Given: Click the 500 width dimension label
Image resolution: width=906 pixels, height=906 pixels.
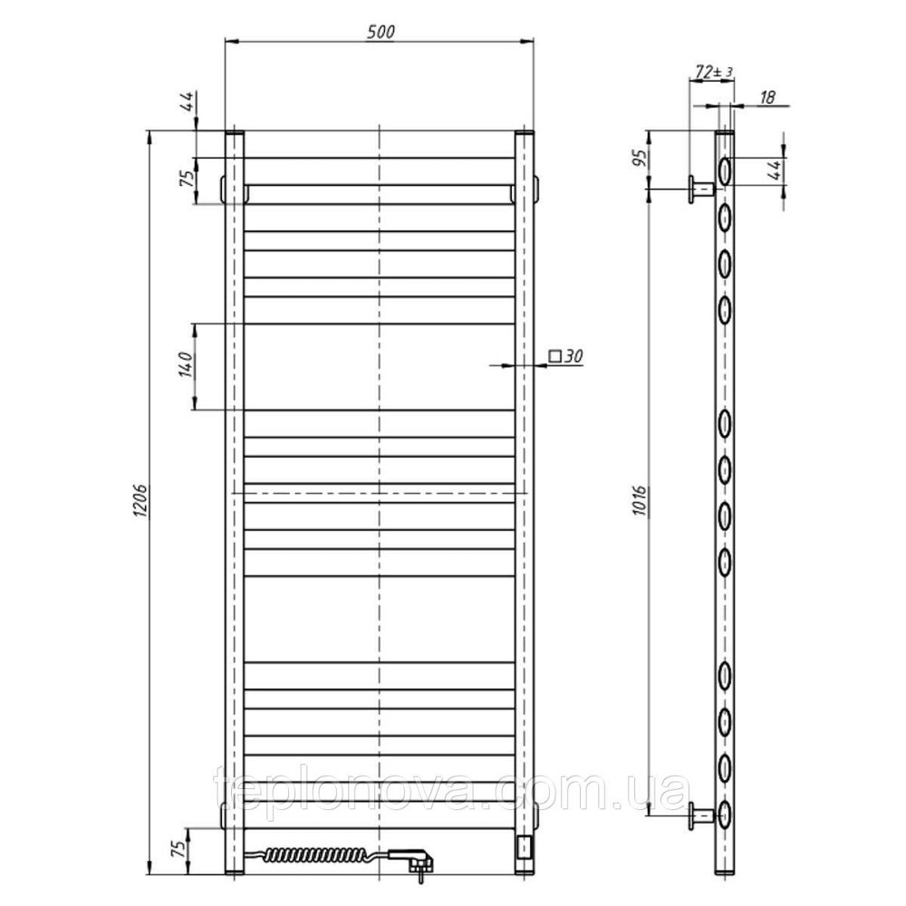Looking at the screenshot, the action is tap(381, 33).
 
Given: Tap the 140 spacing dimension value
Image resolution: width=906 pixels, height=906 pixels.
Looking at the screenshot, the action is tap(186, 364).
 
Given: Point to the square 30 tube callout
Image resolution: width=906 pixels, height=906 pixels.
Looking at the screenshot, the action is tap(565, 356).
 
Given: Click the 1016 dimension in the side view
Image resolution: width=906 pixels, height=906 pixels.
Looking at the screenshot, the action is tap(641, 501).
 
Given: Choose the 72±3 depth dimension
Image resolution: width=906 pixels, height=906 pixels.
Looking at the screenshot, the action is tap(714, 72).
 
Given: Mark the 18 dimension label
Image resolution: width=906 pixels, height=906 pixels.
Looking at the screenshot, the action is tap(766, 97).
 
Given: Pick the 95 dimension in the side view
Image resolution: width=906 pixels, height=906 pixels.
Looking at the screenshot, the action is tap(641, 158).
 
